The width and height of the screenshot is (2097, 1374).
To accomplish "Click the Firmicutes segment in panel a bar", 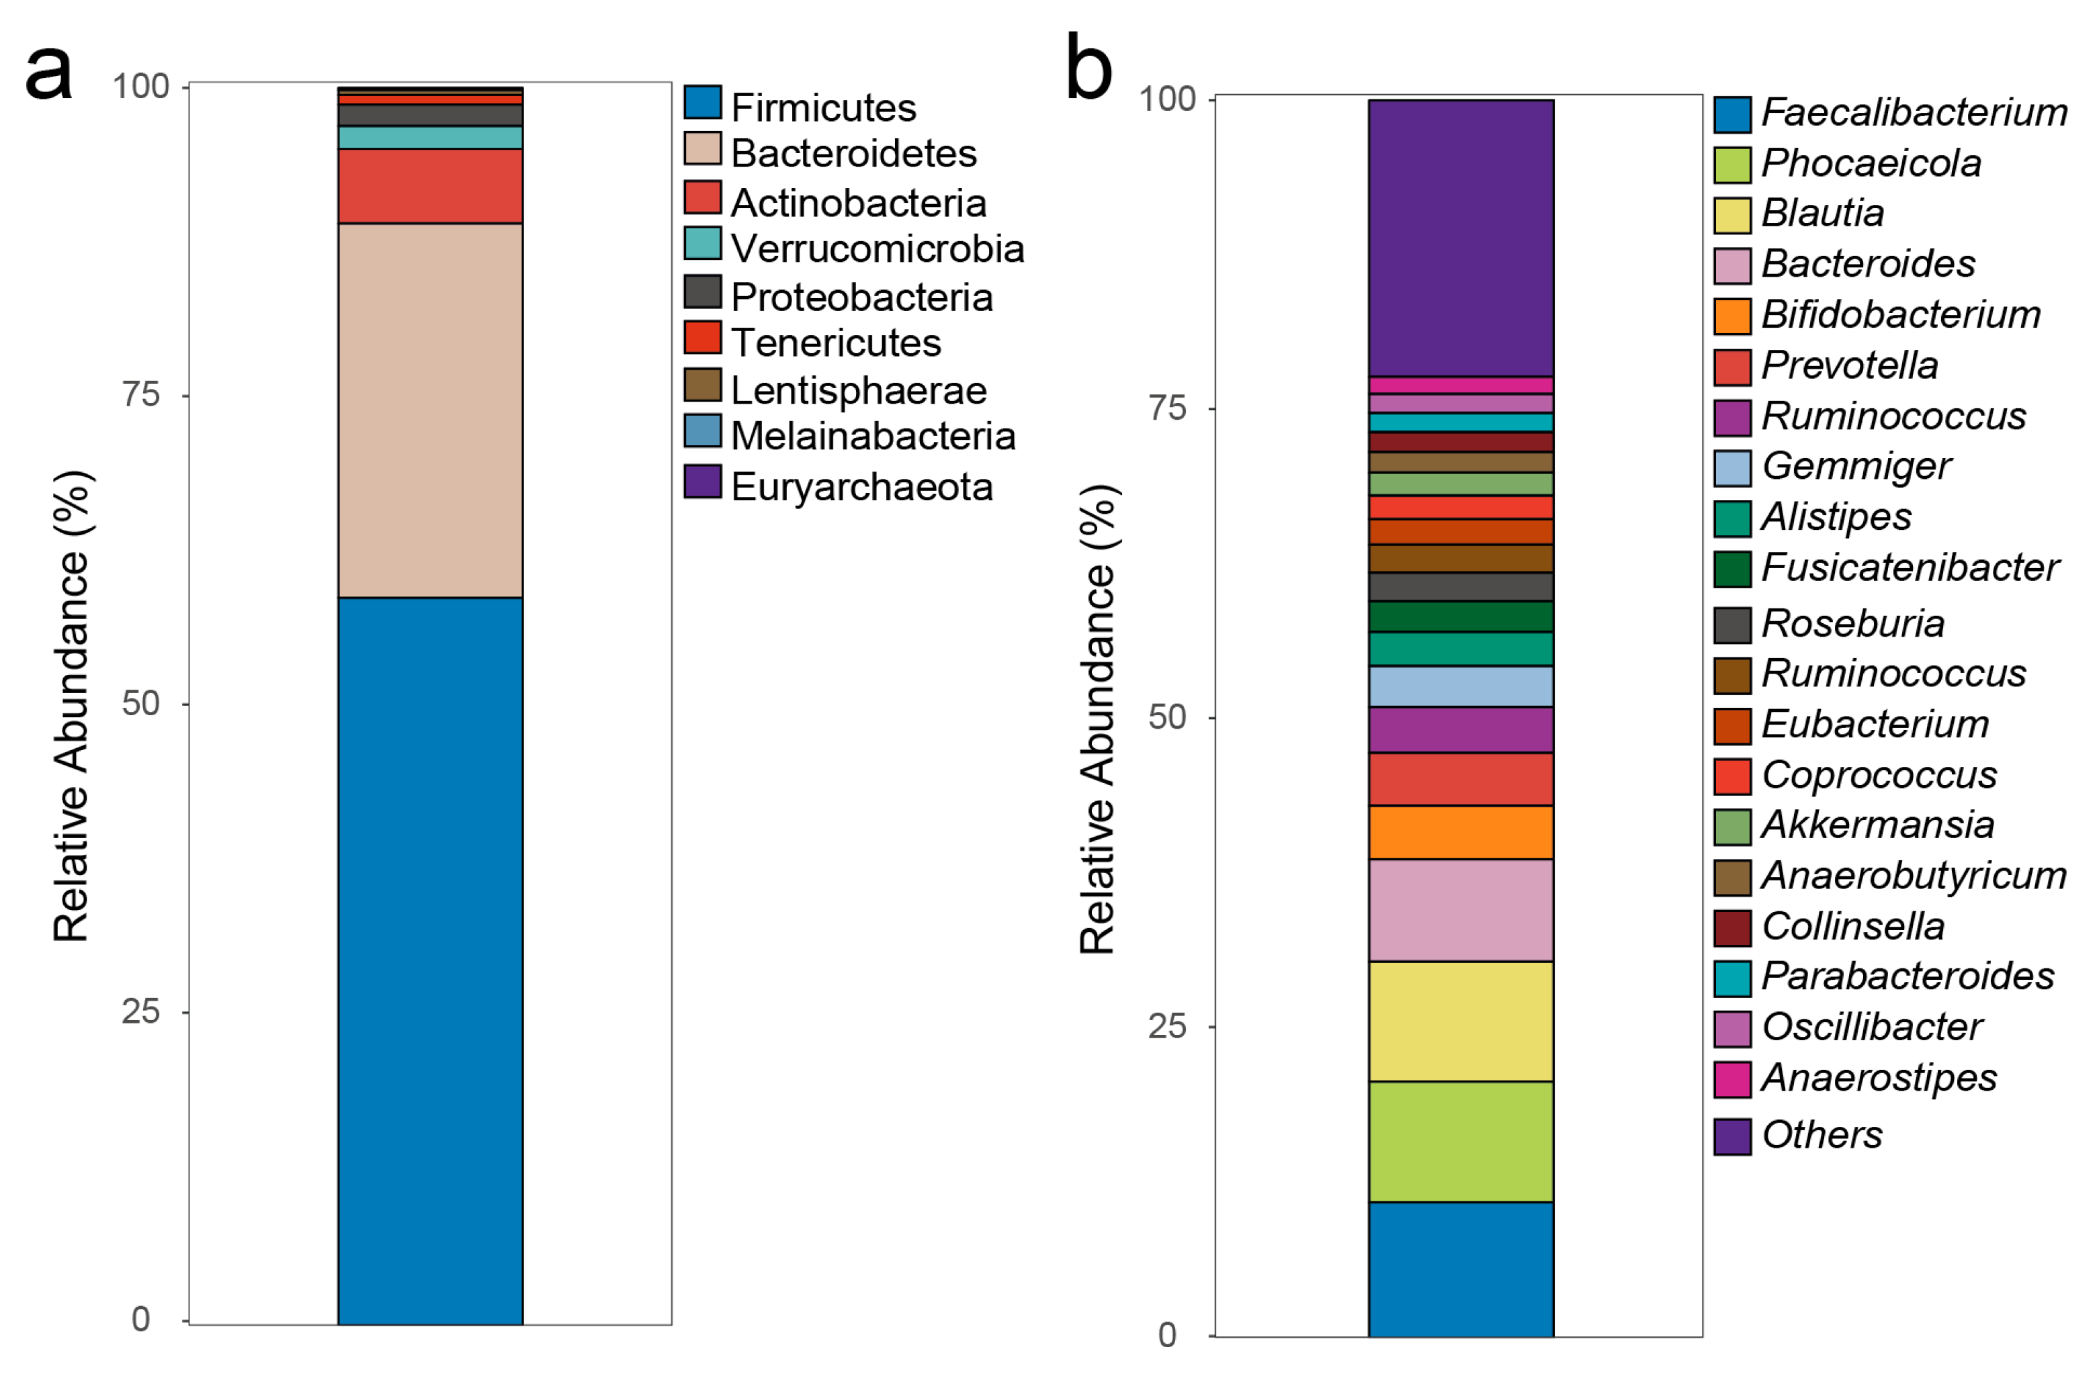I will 430,960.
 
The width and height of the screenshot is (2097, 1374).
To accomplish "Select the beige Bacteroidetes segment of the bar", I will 430,410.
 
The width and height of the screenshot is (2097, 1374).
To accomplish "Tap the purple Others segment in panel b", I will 1460,238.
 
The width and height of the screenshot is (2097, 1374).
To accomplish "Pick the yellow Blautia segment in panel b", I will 1460,1021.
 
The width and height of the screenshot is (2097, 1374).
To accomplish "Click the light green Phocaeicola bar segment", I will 1460,1142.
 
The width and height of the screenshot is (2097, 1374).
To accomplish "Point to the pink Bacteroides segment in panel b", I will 1460,910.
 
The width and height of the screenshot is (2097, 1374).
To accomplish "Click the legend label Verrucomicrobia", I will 877,249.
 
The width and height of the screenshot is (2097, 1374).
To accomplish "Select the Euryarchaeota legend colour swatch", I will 702,482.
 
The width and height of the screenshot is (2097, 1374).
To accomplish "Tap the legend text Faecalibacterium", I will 1913,113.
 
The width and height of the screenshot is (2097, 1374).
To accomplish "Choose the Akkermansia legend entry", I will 1877,825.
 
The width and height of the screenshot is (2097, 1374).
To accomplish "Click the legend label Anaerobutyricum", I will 1913,876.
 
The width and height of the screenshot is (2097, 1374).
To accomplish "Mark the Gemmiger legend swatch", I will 1731,467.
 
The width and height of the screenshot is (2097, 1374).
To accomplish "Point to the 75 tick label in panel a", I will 141,395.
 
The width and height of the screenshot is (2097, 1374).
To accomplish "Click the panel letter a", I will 48,73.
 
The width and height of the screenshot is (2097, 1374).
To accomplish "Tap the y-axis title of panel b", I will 1098,719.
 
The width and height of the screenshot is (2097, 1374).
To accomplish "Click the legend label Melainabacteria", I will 872,436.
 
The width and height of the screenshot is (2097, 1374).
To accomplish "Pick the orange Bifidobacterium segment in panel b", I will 1460,832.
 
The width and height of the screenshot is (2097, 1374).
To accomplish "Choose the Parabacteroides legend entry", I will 1907,976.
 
